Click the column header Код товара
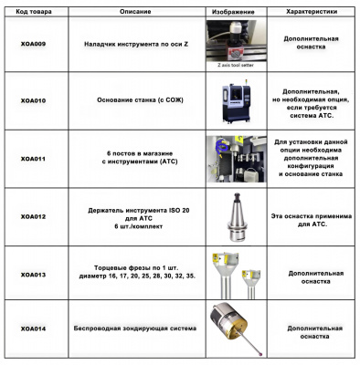(x=34, y=12)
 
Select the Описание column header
(x=135, y=12)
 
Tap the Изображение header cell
(x=233, y=12)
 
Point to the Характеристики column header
(x=312, y=12)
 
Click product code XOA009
(x=33, y=44)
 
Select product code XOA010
(x=33, y=100)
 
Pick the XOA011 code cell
(x=33, y=159)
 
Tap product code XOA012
(x=33, y=217)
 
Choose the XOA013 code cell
(x=33, y=275)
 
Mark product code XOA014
(x=33, y=328)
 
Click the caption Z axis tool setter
(x=236, y=65)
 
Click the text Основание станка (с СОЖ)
(x=140, y=100)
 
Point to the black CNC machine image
(x=237, y=102)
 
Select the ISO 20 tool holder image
(x=237, y=217)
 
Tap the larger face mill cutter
(x=225, y=274)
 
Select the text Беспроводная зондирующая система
(x=135, y=328)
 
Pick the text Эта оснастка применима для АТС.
(x=312, y=220)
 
